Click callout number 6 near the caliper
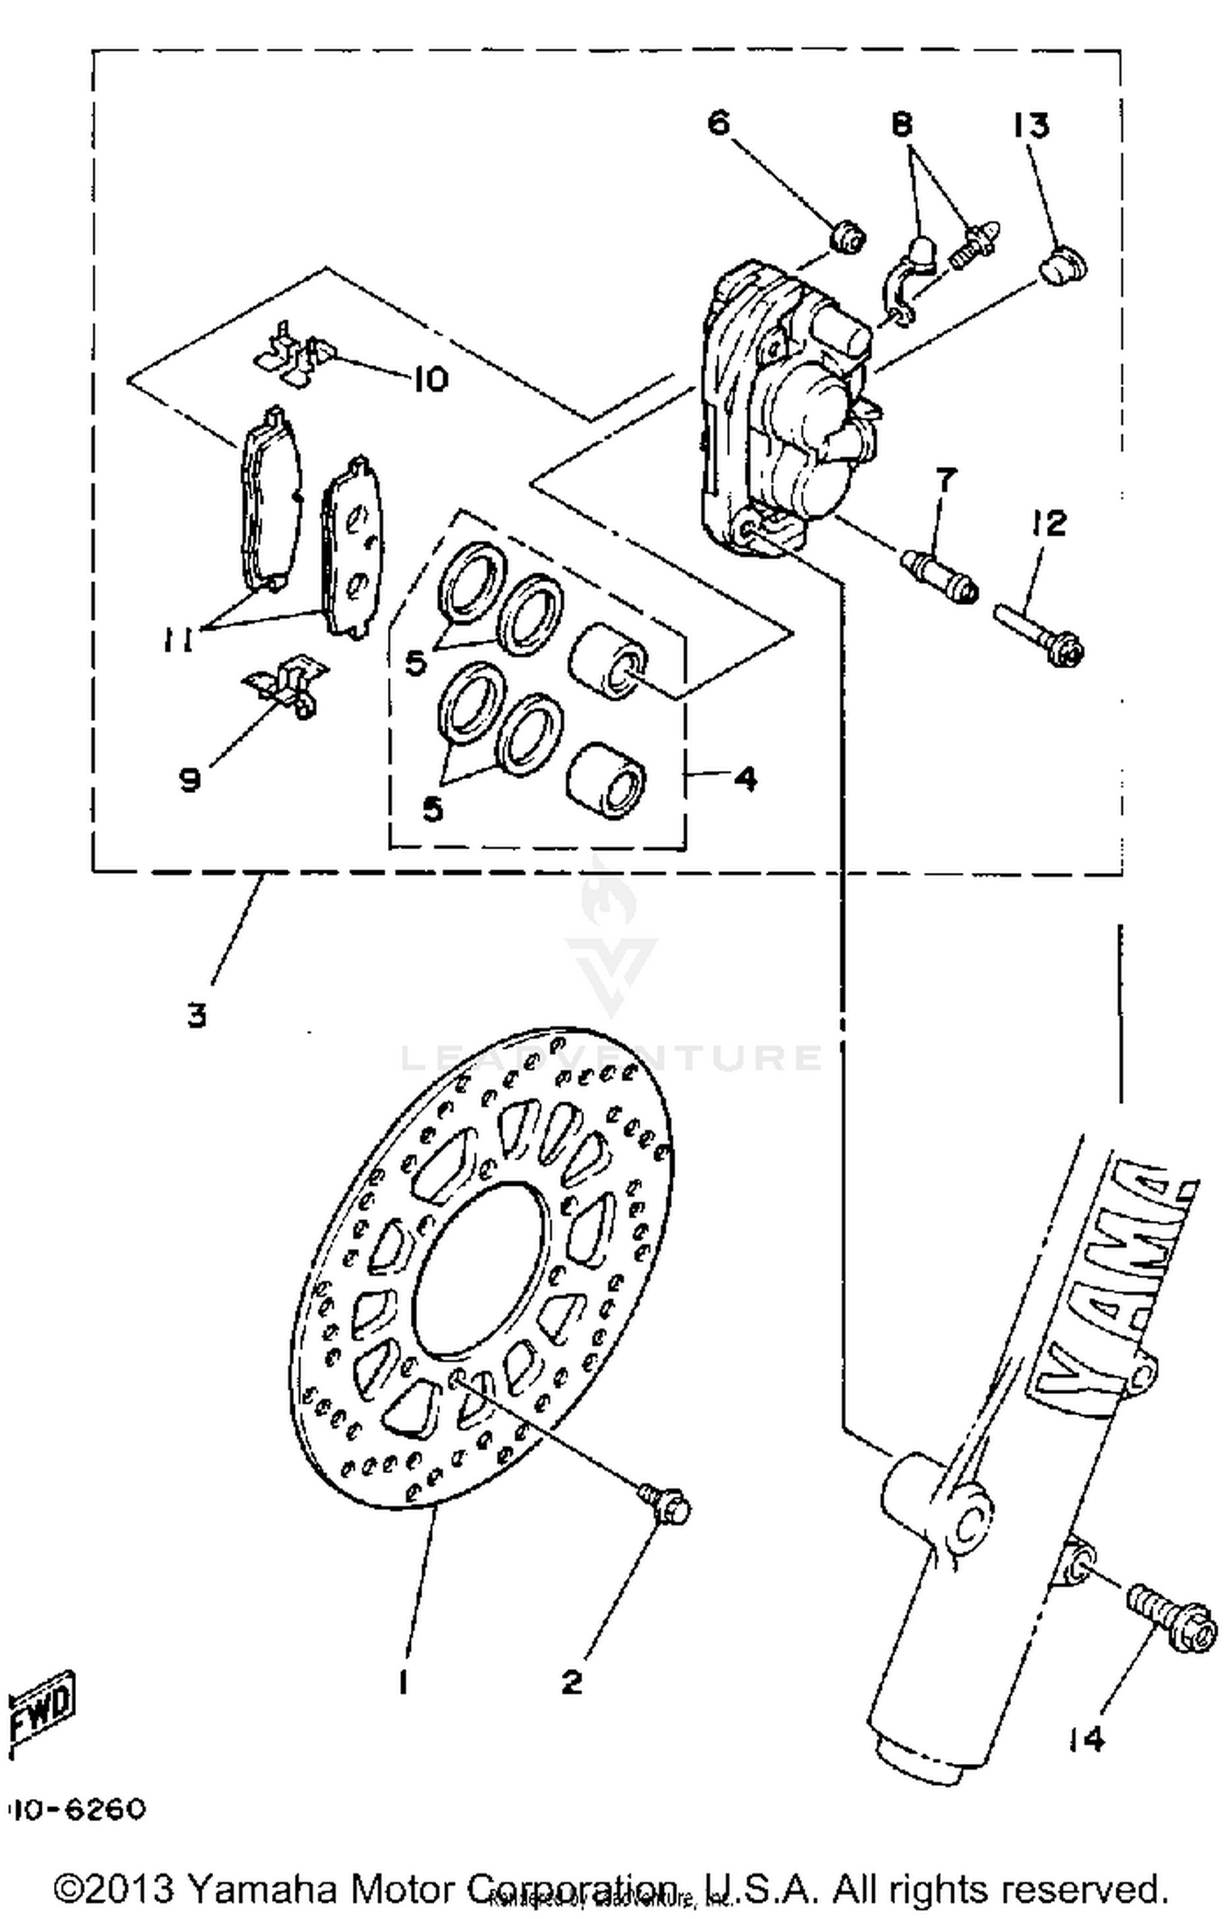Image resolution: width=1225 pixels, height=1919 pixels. click(718, 123)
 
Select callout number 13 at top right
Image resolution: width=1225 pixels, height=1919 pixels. click(1031, 127)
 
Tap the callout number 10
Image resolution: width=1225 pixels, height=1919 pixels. click(430, 379)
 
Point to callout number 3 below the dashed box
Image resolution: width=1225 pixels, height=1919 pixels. click(197, 1016)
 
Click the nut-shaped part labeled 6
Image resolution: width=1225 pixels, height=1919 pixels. click(848, 238)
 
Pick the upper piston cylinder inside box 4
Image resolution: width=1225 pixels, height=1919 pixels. click(608, 660)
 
